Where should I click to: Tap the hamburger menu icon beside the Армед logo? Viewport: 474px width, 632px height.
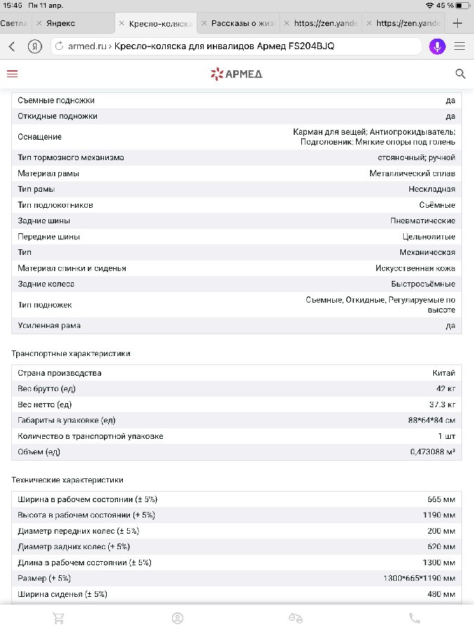pyautogui.click(x=12, y=74)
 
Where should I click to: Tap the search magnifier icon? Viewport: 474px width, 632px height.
pyautogui.click(x=461, y=74)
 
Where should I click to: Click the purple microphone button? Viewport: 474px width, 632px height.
pyautogui.click(x=437, y=46)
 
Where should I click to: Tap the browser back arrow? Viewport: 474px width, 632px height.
pyautogui.click(x=12, y=46)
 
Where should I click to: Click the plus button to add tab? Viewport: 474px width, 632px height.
pyautogui.click(x=458, y=23)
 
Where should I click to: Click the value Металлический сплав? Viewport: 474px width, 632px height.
pyautogui.click(x=412, y=173)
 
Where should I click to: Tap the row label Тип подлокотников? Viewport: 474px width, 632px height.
pyautogui.click(x=55, y=205)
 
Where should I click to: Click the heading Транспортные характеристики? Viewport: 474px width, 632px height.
pyautogui.click(x=71, y=353)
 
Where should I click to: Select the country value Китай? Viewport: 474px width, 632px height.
pyautogui.click(x=444, y=373)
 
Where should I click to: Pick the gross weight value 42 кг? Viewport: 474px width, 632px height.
pyautogui.click(x=446, y=388)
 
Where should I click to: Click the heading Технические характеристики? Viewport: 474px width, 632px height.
pyautogui.click(x=67, y=480)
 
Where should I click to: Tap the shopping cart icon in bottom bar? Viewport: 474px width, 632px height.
pyautogui.click(x=59, y=618)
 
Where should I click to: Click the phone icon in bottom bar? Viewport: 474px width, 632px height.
pyautogui.click(x=415, y=618)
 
